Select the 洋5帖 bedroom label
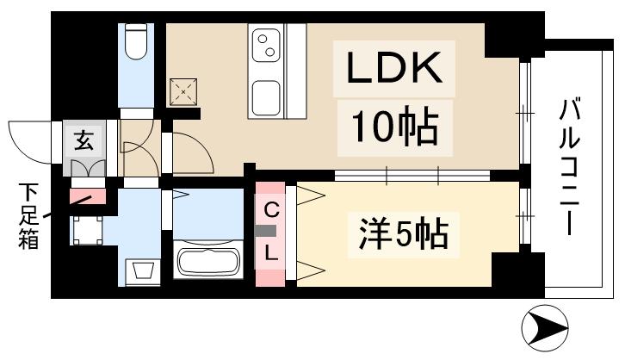pyautogui.click(x=403, y=233)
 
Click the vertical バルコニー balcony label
pyautogui.click(x=569, y=168)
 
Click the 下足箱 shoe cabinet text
pyautogui.click(x=28, y=215)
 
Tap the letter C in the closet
pyautogui.click(x=270, y=209)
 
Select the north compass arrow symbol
pyautogui.click(x=548, y=329)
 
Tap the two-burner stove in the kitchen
pyautogui.click(x=268, y=45)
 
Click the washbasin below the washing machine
pyautogui.click(x=143, y=272)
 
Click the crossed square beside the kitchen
pyautogui.click(x=183, y=91)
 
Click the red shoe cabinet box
pyautogui.click(x=88, y=196)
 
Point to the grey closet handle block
pyautogui.click(x=270, y=231)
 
